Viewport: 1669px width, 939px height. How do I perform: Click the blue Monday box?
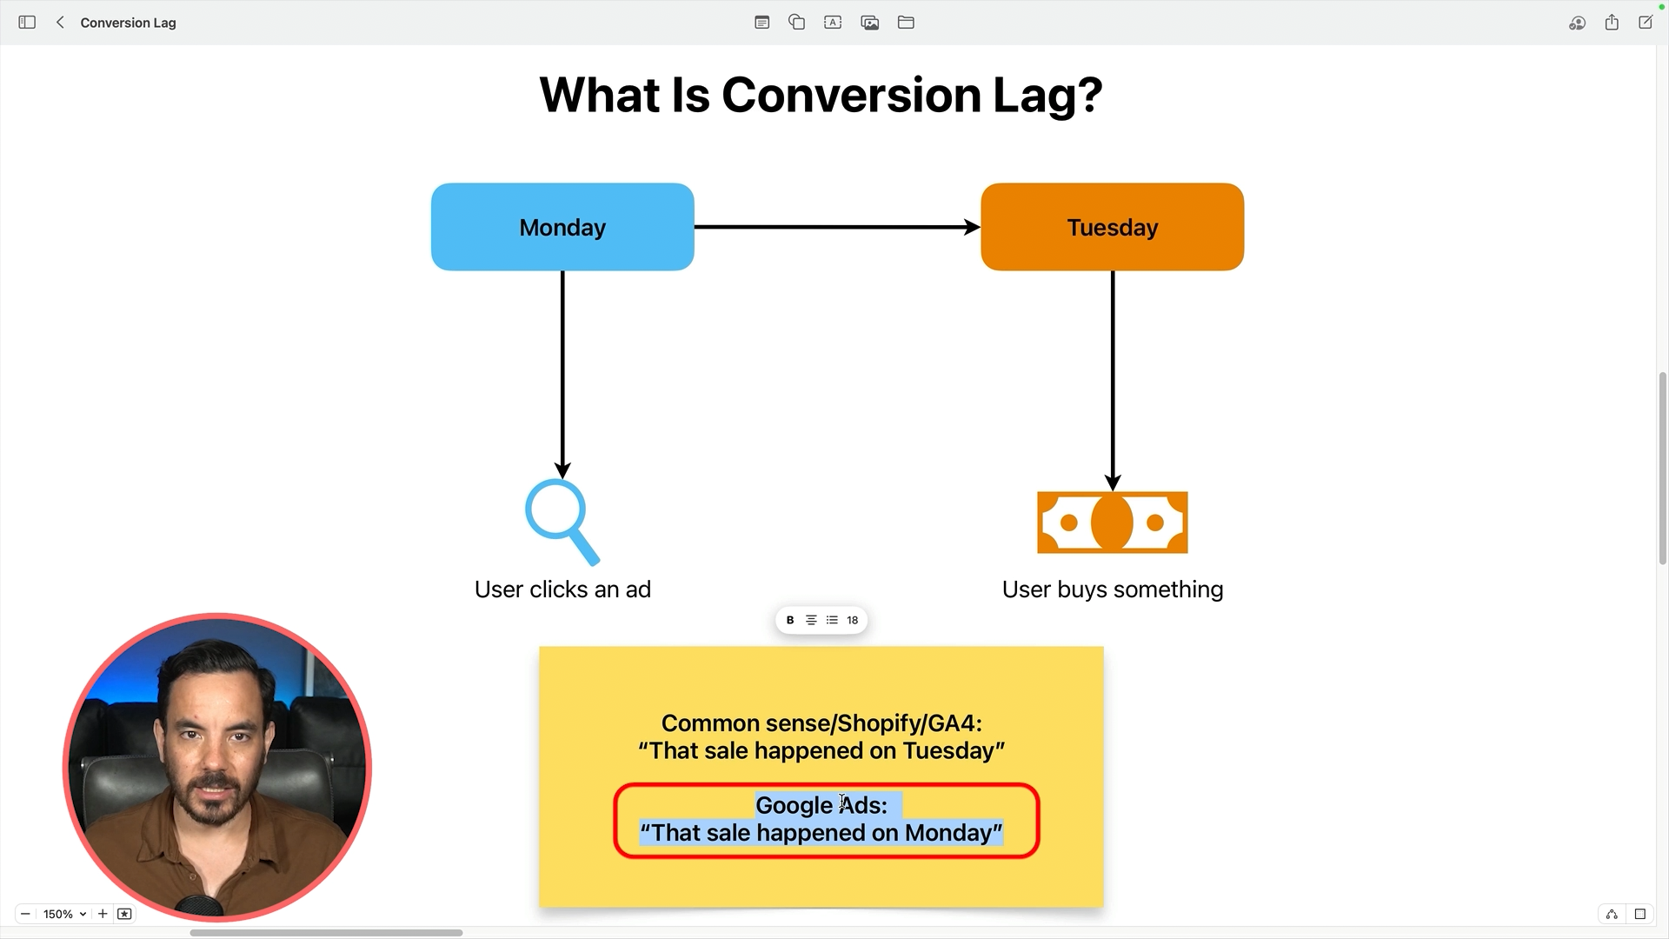tap(562, 227)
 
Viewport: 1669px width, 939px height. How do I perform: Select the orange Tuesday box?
tap(1112, 227)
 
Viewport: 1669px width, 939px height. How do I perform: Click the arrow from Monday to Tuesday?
tap(836, 227)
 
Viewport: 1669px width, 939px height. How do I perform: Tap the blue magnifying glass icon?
tap(561, 521)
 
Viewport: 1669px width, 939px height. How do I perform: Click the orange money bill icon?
tap(1112, 523)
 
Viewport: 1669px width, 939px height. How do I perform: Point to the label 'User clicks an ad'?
tap(562, 589)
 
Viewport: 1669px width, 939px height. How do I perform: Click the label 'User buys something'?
tap(1112, 589)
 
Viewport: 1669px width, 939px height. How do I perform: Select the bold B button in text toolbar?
tap(790, 620)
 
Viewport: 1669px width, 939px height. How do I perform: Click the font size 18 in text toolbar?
tap(853, 620)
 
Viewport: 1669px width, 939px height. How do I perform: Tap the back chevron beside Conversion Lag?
tap(60, 23)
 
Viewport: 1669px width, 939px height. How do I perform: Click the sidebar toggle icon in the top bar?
tap(27, 23)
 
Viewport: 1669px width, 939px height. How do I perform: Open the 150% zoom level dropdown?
tap(65, 914)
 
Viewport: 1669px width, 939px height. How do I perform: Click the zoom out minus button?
tap(25, 914)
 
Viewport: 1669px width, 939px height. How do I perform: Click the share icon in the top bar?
tap(1612, 23)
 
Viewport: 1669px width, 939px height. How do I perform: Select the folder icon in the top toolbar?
tap(906, 23)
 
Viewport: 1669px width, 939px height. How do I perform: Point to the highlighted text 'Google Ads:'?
tap(821, 805)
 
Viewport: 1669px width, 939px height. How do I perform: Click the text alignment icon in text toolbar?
tap(811, 620)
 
